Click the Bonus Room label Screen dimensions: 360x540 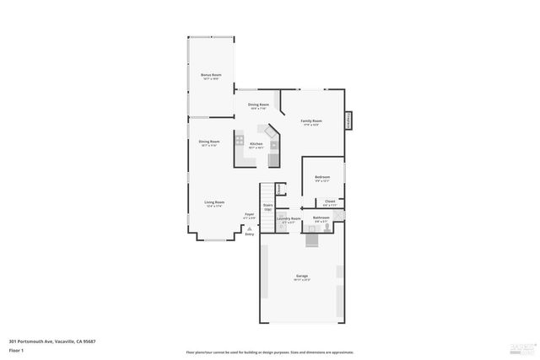point(211,75)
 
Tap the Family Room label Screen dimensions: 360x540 point(311,121)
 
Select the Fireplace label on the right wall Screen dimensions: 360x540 point(348,121)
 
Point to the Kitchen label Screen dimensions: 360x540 point(256,144)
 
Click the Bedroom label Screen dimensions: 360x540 point(322,177)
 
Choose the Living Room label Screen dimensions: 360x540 point(214,202)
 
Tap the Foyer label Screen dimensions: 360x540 point(250,214)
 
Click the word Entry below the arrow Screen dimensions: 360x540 point(250,234)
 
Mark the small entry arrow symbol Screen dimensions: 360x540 point(250,227)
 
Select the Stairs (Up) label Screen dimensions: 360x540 point(268,206)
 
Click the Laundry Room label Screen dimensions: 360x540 point(289,218)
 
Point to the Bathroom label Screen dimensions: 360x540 point(321,218)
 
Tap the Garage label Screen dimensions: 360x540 point(302,277)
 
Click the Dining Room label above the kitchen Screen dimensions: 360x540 point(259,104)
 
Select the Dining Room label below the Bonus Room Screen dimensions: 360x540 point(209,142)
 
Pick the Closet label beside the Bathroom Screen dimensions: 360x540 point(330,201)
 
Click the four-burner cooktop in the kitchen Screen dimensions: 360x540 point(240,139)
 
